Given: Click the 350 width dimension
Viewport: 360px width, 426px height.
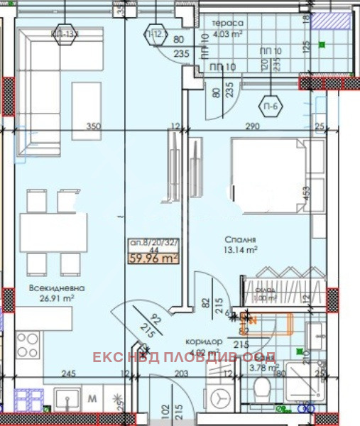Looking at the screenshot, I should coord(93,126).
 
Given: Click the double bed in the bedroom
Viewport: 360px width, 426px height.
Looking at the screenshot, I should coord(268,175).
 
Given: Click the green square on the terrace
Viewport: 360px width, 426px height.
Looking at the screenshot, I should coord(322,45).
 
